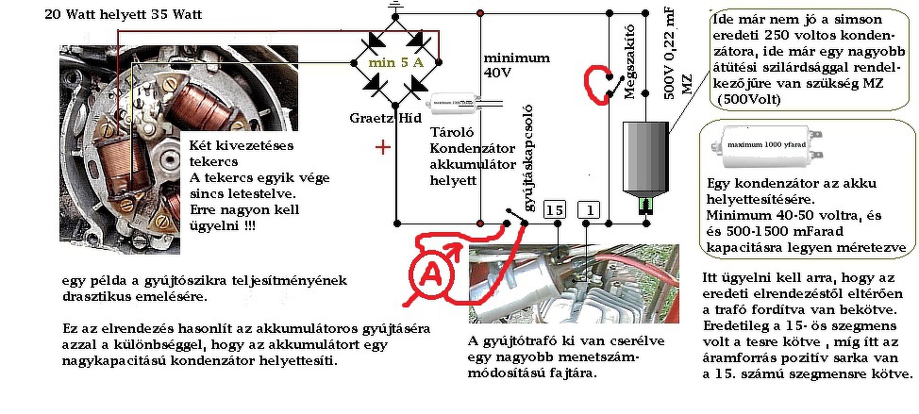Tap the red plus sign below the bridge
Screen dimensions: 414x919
[x=383, y=147]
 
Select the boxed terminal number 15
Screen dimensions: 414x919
[x=556, y=209]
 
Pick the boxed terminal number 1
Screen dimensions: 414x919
[x=589, y=209]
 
